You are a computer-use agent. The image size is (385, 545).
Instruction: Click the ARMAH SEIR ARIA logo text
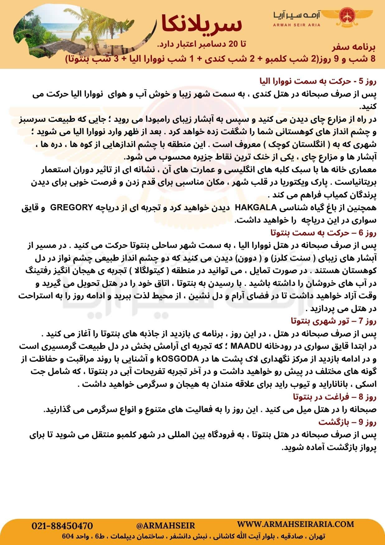click(297, 25)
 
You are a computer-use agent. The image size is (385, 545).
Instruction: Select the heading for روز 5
click(318, 82)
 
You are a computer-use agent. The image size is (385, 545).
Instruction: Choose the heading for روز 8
click(335, 397)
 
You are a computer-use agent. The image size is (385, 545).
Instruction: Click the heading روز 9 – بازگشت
click(347, 422)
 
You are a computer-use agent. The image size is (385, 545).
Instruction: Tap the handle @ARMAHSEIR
click(166, 526)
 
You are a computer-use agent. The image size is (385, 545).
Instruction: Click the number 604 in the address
click(68, 537)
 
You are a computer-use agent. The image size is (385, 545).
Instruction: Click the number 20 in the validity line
click(233, 44)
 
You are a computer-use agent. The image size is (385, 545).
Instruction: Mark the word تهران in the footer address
click(317, 537)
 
